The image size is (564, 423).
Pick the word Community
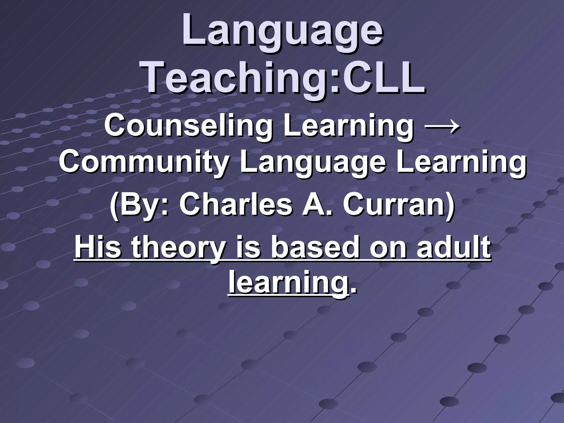point(143,162)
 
